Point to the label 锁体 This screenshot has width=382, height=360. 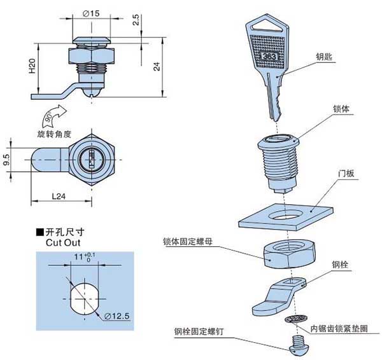tap(341, 109)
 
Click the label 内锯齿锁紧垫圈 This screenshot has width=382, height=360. tap(340, 328)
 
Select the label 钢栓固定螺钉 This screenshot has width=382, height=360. tap(199, 332)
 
